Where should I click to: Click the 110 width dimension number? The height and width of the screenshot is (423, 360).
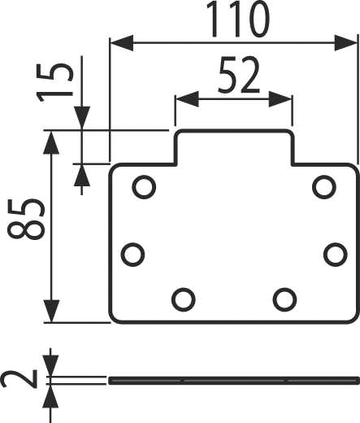point(237,19)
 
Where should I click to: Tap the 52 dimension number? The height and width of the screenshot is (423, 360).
point(239,75)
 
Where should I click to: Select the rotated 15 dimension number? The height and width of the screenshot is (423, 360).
point(54,83)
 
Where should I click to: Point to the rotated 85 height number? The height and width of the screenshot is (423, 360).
point(26,219)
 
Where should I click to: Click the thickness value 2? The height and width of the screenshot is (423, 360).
point(19,379)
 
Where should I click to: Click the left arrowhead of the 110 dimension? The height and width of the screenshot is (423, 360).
point(122,42)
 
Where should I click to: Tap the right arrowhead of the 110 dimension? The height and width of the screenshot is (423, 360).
point(346,42)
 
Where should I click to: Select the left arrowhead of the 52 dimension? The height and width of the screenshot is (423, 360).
point(187,99)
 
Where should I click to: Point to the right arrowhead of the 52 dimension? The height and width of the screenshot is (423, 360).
point(280,99)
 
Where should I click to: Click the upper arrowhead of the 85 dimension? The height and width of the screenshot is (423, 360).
point(51,142)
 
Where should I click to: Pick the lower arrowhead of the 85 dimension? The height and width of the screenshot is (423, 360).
point(51,312)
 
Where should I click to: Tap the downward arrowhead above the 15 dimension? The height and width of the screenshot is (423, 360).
point(82,118)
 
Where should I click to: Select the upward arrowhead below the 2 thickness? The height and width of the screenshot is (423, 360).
point(50,396)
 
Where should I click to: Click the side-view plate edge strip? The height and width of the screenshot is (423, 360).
point(234,381)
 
